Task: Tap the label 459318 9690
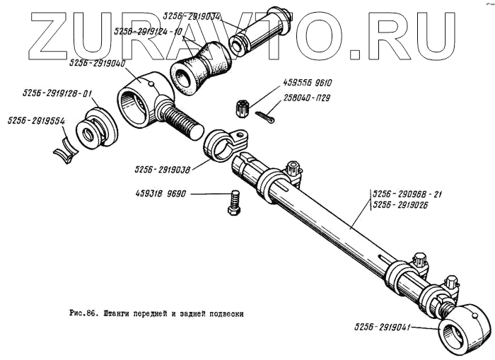[163, 193]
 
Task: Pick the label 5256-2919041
[385, 327]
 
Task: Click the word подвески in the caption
[224, 313]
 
